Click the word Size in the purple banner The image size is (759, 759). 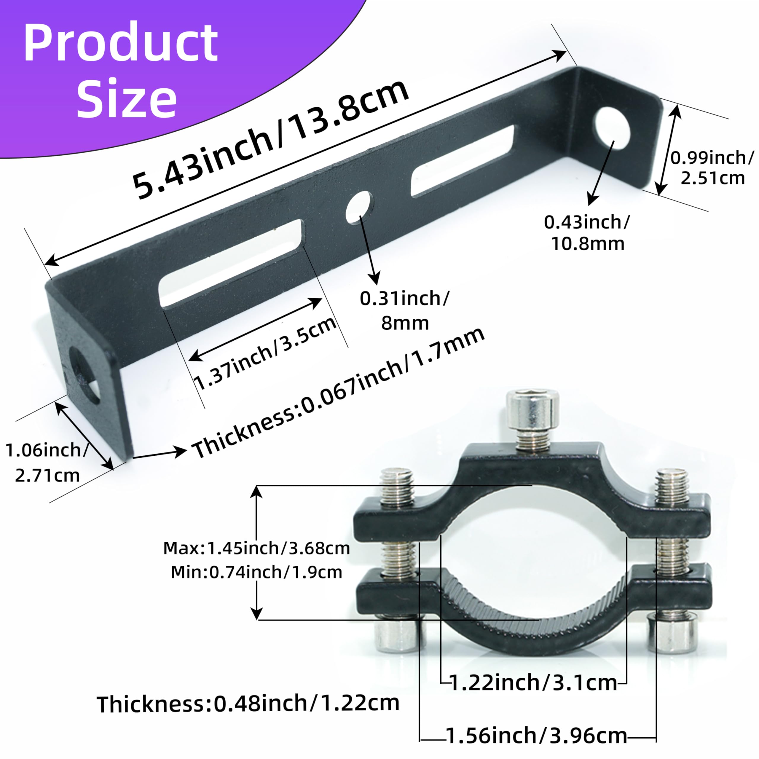(127, 98)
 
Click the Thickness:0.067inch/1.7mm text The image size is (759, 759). (338, 393)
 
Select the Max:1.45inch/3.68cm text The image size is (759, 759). (256, 548)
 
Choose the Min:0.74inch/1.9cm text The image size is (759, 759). (256, 572)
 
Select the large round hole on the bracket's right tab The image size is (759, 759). (613, 128)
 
